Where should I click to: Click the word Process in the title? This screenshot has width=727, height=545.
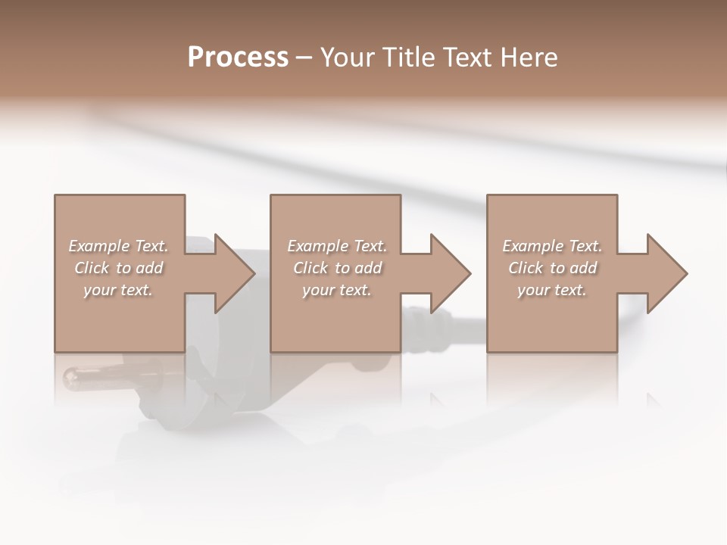(238, 58)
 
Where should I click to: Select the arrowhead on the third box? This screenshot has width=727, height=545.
(662, 273)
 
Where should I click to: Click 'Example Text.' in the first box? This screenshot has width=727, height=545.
(118, 246)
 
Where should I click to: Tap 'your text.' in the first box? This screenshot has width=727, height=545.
(118, 290)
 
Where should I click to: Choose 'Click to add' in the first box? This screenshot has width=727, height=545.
(118, 268)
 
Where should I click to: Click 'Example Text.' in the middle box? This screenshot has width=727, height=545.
(337, 246)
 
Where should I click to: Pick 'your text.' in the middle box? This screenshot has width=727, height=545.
(337, 290)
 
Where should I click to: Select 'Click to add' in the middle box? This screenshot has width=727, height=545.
(337, 268)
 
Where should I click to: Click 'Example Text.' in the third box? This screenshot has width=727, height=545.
(552, 246)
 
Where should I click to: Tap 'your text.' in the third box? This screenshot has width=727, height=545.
(552, 290)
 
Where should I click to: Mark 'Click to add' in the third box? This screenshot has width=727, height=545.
(552, 268)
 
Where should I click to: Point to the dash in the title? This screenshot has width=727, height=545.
(304, 58)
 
